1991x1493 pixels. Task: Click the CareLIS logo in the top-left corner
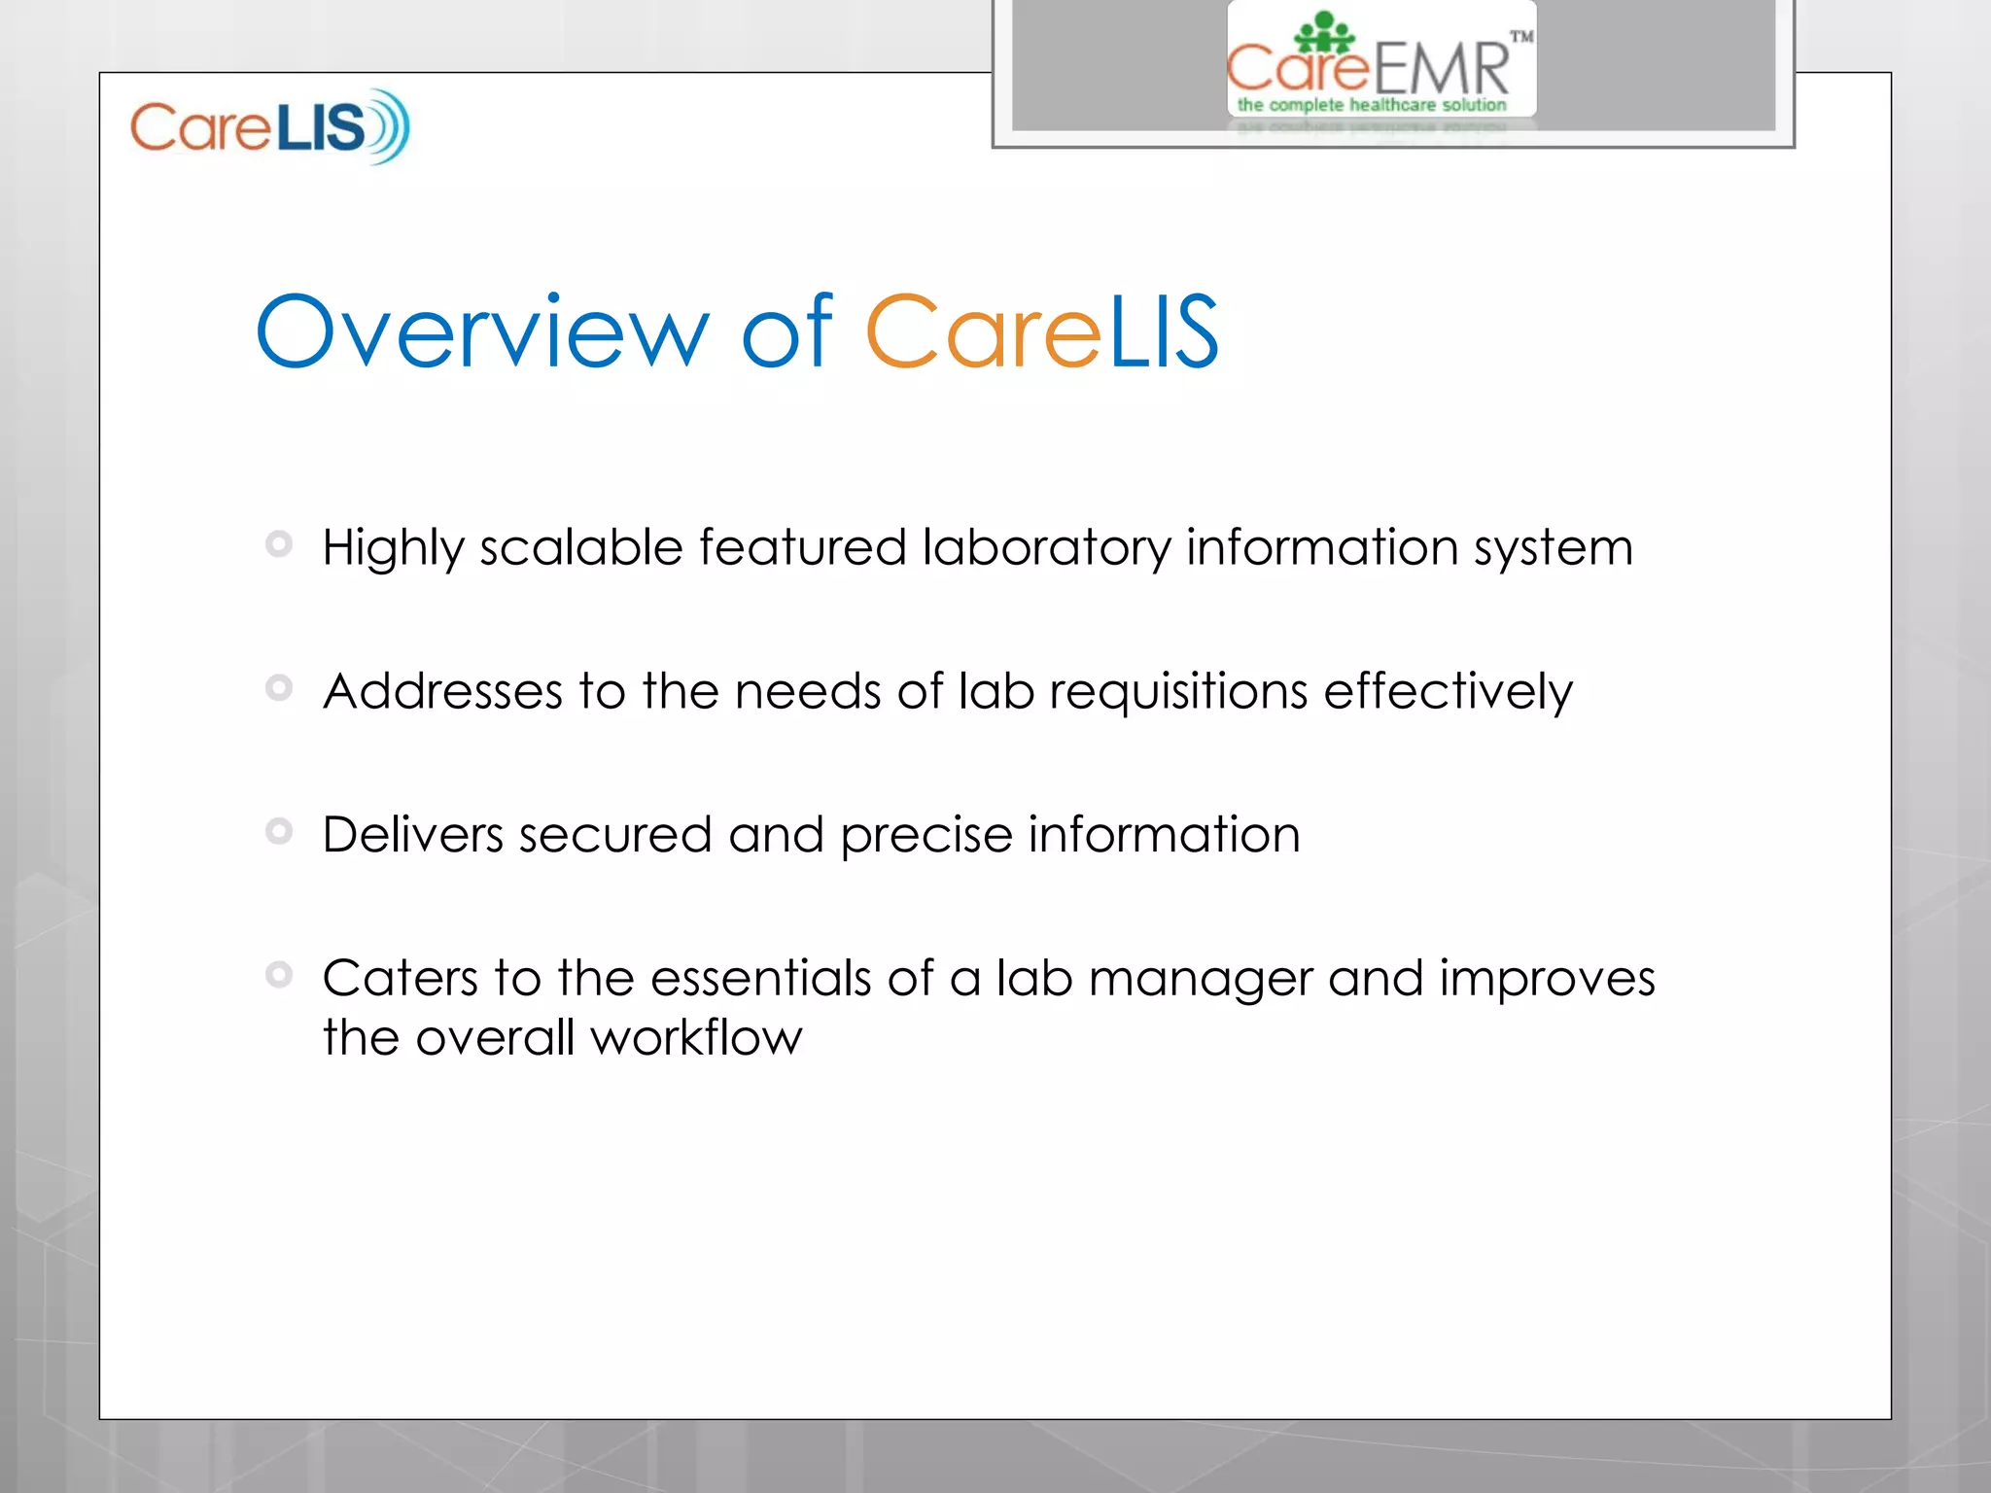[270, 126]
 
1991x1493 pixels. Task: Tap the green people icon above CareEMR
[1324, 33]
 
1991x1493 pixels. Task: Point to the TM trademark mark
[1521, 37]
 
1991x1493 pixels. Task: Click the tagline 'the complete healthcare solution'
[1372, 105]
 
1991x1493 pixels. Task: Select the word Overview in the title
[482, 332]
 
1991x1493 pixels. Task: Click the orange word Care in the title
[983, 332]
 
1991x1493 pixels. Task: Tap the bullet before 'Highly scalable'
[279, 544]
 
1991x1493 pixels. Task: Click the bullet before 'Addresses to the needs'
[279, 688]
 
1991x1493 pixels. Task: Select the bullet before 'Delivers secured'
[279, 831]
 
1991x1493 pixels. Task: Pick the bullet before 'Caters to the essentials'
[279, 974]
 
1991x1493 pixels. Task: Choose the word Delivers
[412, 835]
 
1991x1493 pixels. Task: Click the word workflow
[696, 1038]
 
